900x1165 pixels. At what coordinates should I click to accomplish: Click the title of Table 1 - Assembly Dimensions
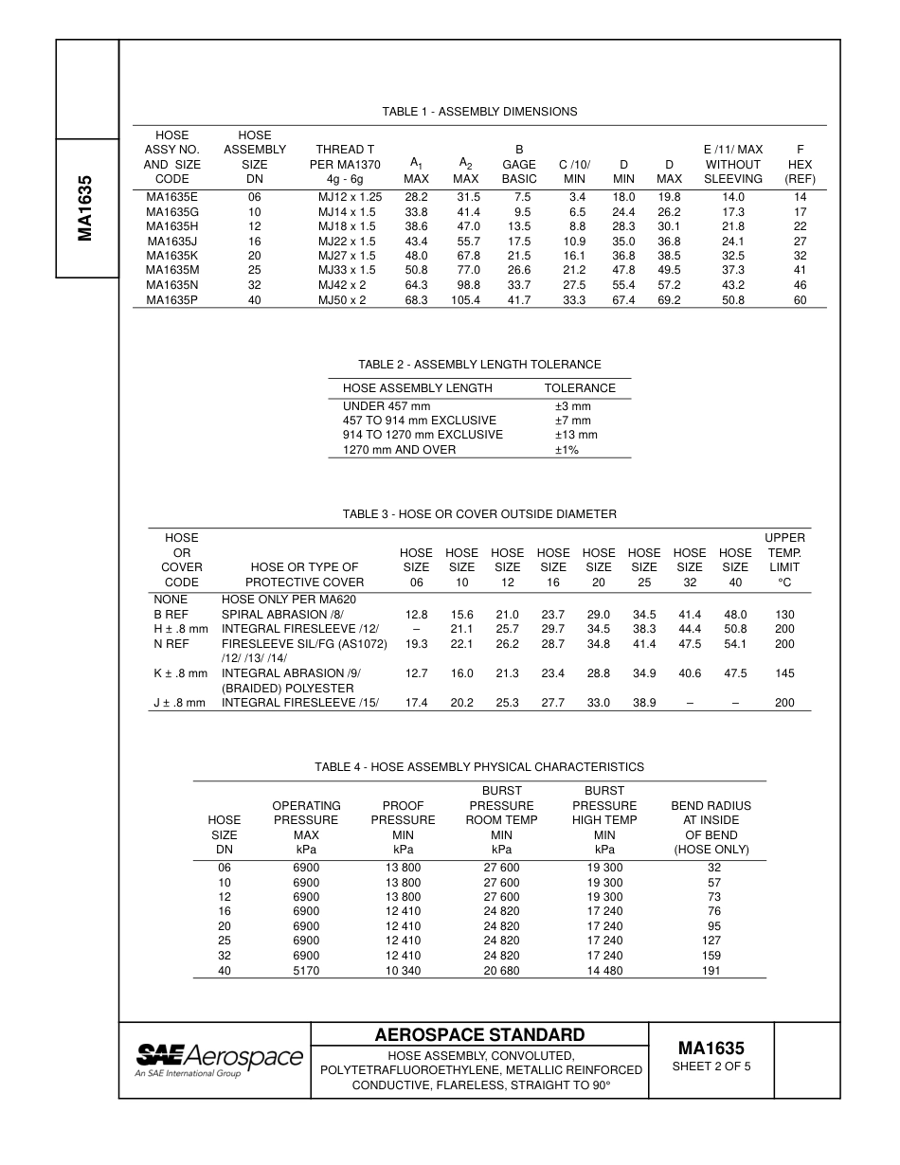tap(479, 112)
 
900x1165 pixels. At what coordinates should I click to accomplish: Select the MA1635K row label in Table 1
tap(171, 256)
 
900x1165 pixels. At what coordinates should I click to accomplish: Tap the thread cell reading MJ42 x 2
tap(347, 285)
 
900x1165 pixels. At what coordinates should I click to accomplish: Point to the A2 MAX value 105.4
tap(465, 300)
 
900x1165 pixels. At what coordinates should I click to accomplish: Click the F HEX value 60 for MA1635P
tap(800, 300)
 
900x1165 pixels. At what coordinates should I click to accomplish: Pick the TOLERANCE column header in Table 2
tap(580, 388)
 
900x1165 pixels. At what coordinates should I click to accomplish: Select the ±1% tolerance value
tap(567, 450)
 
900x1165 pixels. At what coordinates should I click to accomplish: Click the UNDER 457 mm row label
tap(386, 406)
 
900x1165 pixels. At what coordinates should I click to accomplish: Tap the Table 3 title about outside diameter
tap(479, 514)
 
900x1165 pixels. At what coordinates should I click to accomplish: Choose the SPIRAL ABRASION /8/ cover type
tap(276, 615)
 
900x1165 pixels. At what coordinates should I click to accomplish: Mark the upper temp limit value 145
tap(784, 673)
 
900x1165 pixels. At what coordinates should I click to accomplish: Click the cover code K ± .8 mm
tap(181, 673)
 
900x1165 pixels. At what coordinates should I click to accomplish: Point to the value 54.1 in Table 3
tap(735, 644)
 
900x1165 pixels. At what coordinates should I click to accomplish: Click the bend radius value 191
tap(711, 971)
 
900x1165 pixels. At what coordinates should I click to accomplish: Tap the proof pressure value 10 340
tap(403, 971)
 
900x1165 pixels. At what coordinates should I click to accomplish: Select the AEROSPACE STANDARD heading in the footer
tap(479, 1034)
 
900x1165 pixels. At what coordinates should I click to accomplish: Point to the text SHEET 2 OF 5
tap(711, 1067)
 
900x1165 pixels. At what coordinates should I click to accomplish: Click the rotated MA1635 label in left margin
tap(86, 207)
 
